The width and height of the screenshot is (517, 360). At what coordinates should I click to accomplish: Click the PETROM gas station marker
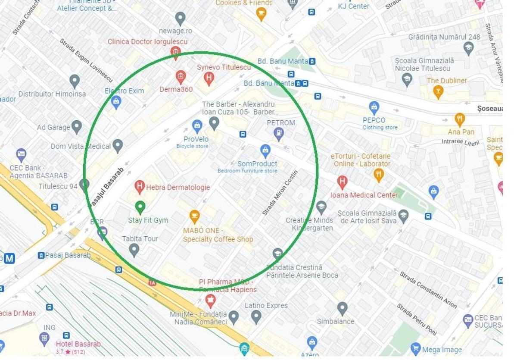click(279, 134)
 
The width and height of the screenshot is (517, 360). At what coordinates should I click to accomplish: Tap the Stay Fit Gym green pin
click(140, 207)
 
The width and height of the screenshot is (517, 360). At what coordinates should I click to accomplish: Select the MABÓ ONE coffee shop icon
click(195, 216)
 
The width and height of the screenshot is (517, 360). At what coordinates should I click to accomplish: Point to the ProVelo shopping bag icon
click(197, 126)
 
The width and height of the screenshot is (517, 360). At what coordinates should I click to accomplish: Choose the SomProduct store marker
click(265, 150)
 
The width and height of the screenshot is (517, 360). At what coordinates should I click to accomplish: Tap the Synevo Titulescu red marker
click(209, 78)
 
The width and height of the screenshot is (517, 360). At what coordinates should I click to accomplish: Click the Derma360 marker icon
click(181, 77)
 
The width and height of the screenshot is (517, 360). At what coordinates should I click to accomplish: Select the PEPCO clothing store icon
click(374, 107)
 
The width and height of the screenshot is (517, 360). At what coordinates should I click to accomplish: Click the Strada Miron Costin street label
click(280, 193)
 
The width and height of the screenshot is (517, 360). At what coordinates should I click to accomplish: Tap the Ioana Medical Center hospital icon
click(342, 182)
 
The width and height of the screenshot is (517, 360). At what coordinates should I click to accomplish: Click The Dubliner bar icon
click(438, 91)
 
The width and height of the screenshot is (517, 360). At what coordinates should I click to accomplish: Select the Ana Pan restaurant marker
click(460, 119)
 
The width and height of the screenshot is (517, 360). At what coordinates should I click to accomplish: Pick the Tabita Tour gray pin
click(134, 250)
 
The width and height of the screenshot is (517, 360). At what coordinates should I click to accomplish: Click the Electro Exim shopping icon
click(116, 102)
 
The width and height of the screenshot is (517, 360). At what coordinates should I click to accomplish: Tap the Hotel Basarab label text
click(78, 344)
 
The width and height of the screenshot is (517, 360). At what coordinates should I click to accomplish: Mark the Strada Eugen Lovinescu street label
click(86, 60)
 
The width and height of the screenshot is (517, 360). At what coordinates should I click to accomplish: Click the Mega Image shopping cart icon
click(416, 348)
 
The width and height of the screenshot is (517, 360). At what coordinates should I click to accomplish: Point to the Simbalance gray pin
click(343, 308)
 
